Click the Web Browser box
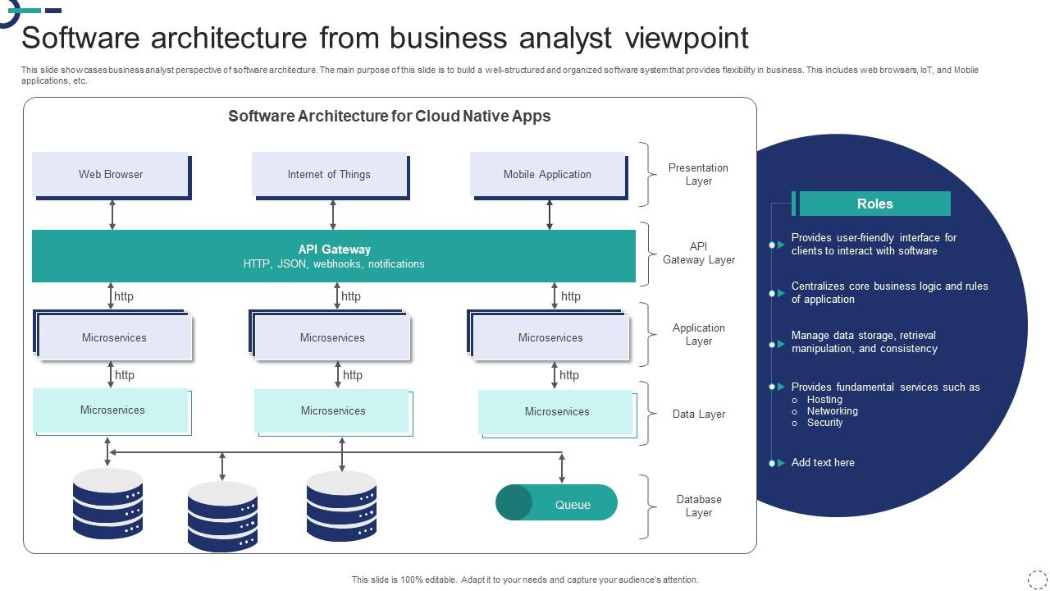click(111, 174)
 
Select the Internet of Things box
click(329, 174)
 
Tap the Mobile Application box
click(547, 174)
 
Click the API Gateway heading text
click(334, 250)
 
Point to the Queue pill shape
click(556, 502)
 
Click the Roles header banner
click(874, 204)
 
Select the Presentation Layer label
click(698, 174)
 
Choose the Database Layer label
click(698, 506)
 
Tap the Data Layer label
click(698, 414)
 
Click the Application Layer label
click(698, 334)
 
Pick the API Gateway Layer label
click(698, 253)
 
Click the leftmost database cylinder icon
click(107, 503)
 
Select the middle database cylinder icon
click(222, 516)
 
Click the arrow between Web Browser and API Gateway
click(112, 214)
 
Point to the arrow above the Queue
click(562, 468)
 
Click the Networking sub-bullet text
click(832, 411)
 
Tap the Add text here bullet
click(823, 463)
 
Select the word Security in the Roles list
click(824, 423)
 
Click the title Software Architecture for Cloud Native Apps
click(389, 116)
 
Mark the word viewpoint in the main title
click(687, 38)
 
